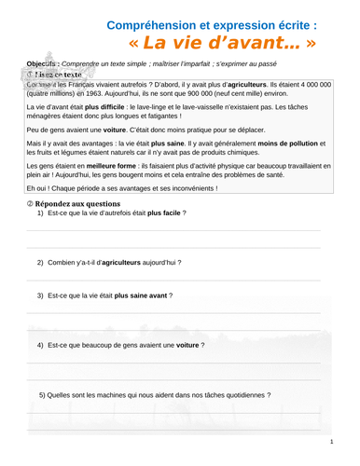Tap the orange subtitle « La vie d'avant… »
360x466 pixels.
(223, 44)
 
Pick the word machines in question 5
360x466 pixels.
(108, 395)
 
